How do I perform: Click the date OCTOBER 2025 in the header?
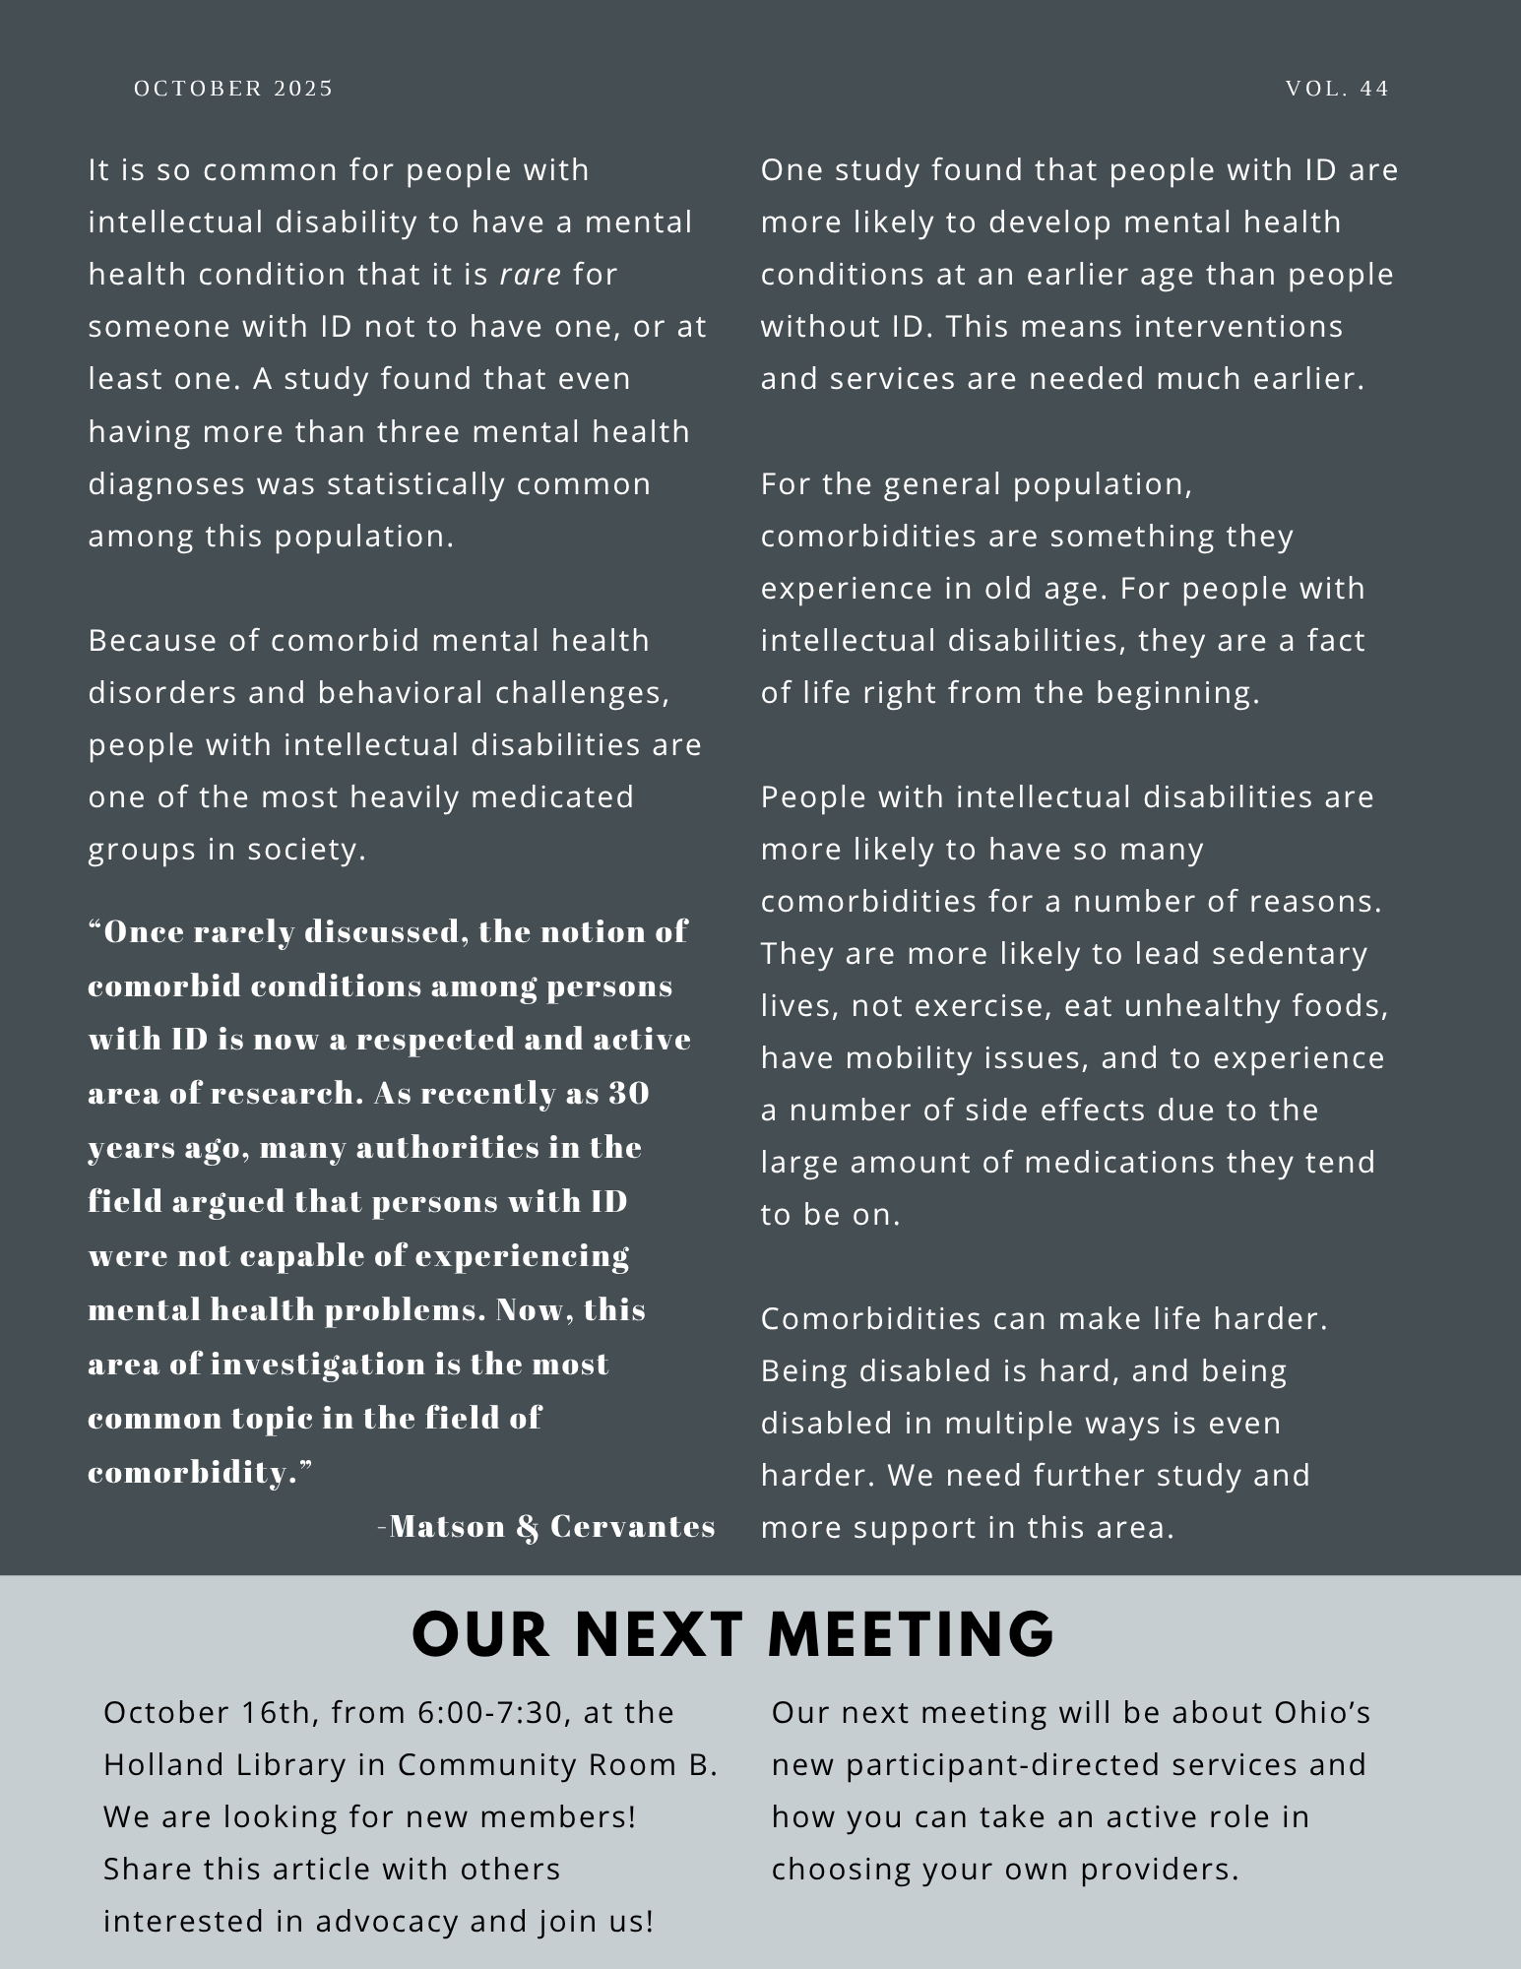click(x=233, y=89)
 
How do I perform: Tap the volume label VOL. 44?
click(x=1337, y=89)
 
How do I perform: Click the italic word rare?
click(x=531, y=274)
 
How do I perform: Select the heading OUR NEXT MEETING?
click(x=732, y=1635)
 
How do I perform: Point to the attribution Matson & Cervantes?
click(x=551, y=1526)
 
